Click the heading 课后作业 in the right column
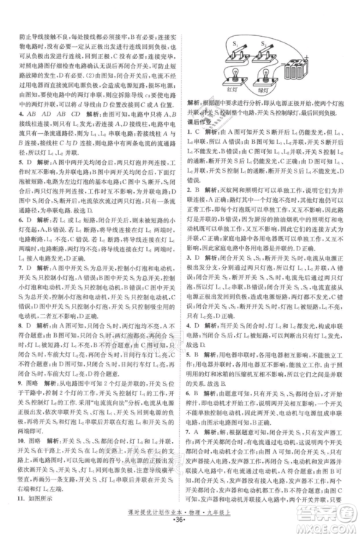(201, 122)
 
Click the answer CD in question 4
(74, 112)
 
